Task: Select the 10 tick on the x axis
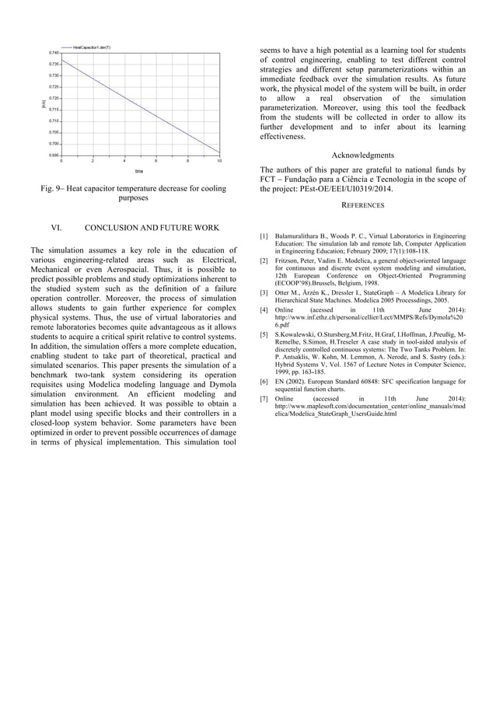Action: tap(220, 161)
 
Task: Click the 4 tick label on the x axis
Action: tap(125, 161)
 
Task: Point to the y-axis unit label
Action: tap(44, 103)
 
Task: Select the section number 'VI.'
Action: tap(56, 228)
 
